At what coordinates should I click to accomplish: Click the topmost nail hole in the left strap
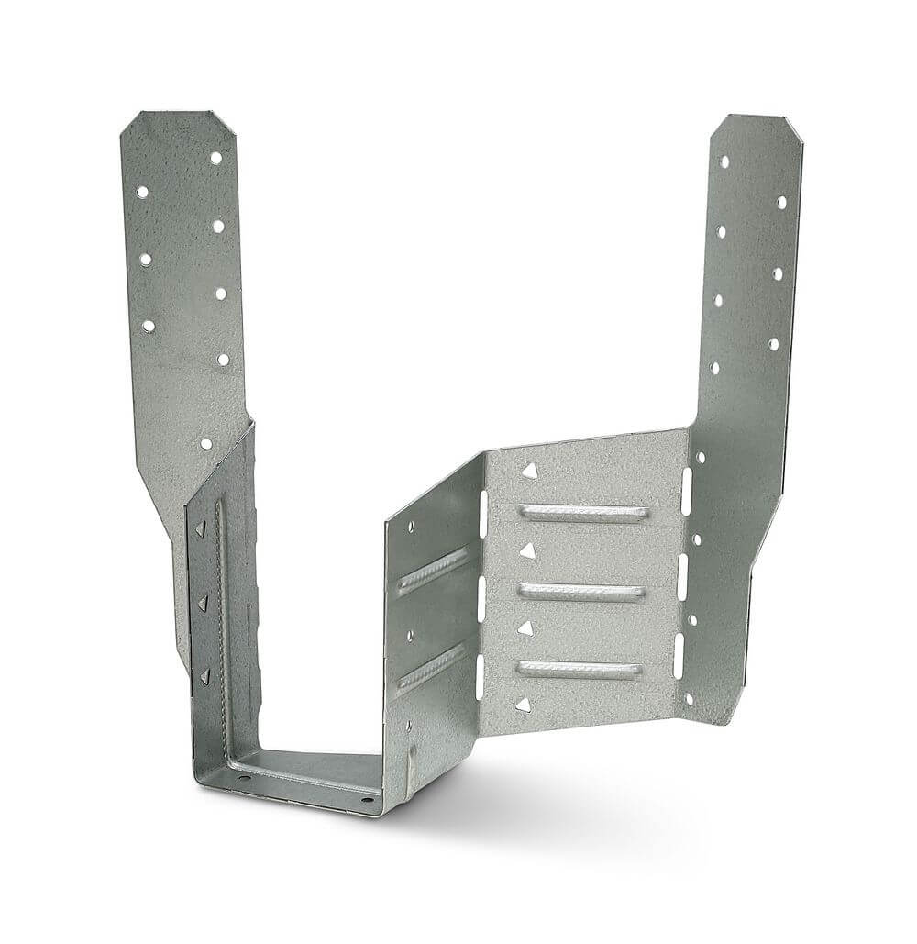[216, 158]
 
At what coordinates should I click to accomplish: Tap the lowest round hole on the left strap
[206, 443]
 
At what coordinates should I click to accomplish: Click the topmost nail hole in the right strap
[724, 161]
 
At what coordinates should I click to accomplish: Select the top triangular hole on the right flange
[529, 471]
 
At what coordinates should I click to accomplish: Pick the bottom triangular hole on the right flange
[523, 705]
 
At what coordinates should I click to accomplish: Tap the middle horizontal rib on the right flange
[581, 592]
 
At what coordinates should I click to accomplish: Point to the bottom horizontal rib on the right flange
[579, 671]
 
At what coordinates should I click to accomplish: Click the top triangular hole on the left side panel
[200, 529]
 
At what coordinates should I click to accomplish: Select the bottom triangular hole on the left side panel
[204, 676]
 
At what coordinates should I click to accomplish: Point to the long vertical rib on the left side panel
[220, 624]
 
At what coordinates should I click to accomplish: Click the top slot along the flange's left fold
[483, 515]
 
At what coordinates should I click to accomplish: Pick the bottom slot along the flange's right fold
[679, 657]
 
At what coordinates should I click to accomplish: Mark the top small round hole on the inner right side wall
[411, 528]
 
